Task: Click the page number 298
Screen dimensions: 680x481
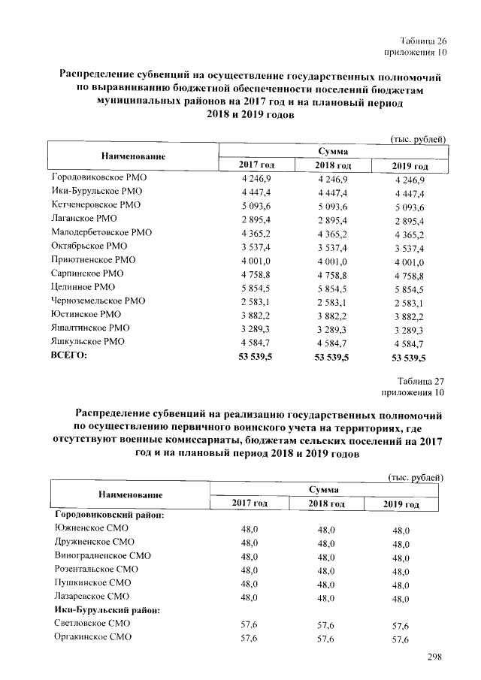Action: click(434, 657)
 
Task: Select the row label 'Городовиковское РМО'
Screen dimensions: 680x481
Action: click(101, 178)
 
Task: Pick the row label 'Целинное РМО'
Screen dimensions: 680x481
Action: click(83, 287)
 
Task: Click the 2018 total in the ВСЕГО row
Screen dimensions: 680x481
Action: click(331, 356)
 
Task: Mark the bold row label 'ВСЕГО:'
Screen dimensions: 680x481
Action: click(69, 355)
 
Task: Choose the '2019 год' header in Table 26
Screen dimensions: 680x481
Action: click(411, 165)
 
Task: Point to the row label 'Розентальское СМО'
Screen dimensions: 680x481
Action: click(95, 570)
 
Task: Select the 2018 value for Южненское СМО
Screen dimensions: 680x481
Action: click(326, 530)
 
